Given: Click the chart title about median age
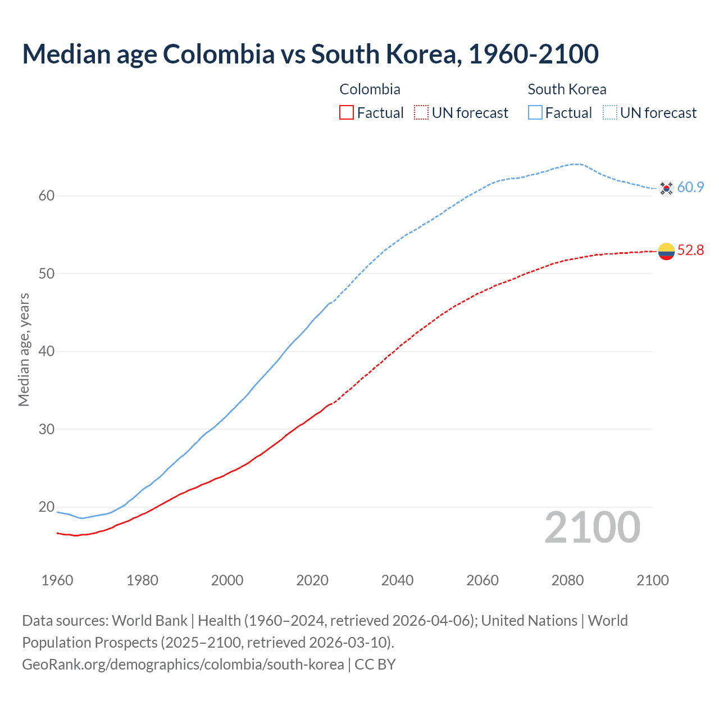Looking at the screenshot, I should click(x=310, y=54).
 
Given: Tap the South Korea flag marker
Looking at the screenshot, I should click(x=666, y=188).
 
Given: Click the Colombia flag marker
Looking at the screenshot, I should click(x=666, y=252).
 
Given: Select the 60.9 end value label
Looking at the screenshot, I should click(x=690, y=187).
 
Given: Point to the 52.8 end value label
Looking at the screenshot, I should click(x=690, y=250).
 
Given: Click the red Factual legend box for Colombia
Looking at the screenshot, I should click(x=347, y=112).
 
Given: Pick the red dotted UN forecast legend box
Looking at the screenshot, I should click(x=421, y=112).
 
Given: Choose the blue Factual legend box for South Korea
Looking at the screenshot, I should click(x=535, y=112).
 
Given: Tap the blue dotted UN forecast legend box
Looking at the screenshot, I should click(x=610, y=112).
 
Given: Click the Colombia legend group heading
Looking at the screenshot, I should click(x=370, y=89).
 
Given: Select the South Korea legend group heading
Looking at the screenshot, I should click(x=567, y=89).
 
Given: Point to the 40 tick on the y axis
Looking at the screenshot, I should click(x=47, y=352).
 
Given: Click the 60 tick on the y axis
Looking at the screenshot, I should click(x=47, y=196).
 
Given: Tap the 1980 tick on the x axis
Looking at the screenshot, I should click(x=142, y=580).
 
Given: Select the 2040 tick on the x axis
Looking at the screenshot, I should click(x=397, y=580).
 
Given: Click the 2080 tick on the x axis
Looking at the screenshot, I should click(x=567, y=580).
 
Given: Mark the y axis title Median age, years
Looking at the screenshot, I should click(x=24, y=349).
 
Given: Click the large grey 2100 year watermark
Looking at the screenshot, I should click(x=592, y=527).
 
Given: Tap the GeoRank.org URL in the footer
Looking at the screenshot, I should click(x=183, y=665).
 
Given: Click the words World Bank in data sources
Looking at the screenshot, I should click(x=149, y=621).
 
